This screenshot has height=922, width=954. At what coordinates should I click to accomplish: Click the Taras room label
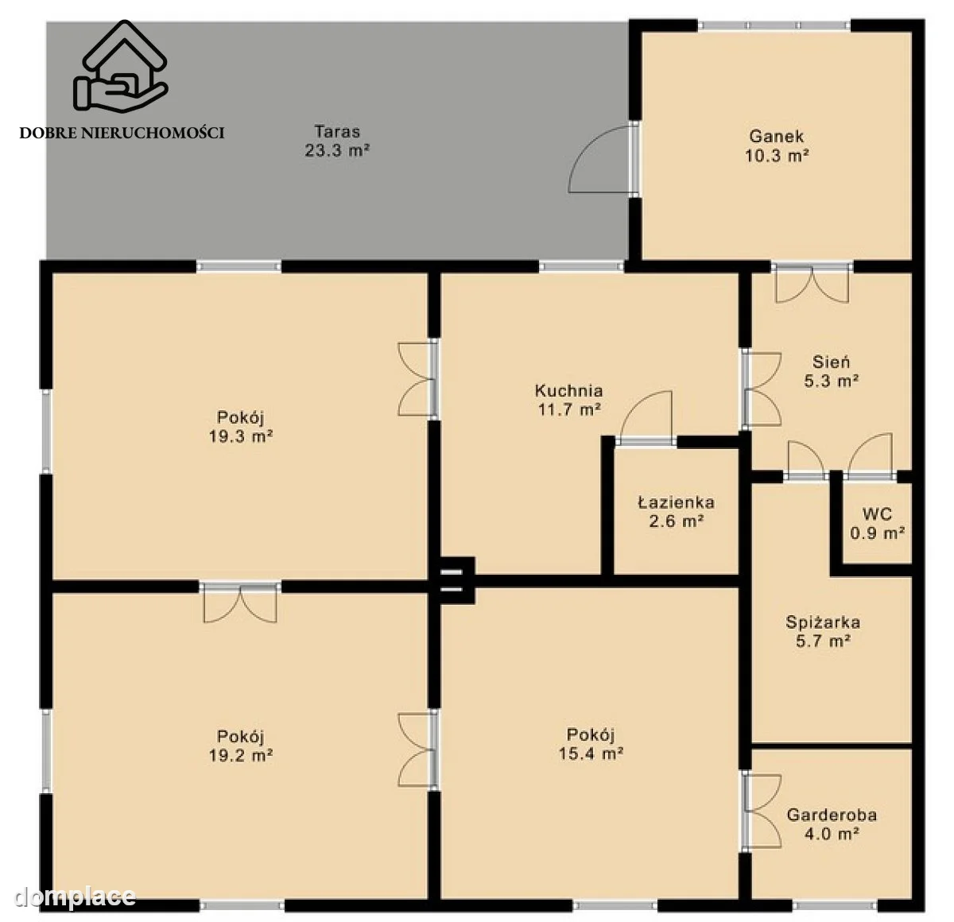coord(337,140)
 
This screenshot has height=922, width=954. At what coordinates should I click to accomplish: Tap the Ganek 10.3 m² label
coord(777,145)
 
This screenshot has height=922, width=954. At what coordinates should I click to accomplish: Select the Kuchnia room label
coord(569,400)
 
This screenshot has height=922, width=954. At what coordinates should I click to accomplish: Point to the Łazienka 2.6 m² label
coord(677,511)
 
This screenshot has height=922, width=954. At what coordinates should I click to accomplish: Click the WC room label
coord(877,524)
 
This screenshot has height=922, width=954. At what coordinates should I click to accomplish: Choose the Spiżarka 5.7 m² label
coord(823,632)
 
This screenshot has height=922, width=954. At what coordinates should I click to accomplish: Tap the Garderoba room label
coord(832,824)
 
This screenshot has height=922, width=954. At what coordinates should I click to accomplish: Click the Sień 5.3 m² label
coord(832,371)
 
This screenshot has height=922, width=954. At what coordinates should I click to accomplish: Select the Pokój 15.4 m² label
coord(591,744)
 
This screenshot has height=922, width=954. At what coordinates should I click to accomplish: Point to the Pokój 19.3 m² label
coord(241,427)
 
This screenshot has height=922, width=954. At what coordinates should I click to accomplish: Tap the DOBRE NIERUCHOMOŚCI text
coord(122,133)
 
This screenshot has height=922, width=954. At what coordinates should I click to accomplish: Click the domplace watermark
coord(75,897)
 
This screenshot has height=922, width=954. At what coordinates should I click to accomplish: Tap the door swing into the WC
coord(870,455)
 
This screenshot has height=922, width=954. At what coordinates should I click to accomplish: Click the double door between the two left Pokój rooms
coord(240,603)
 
